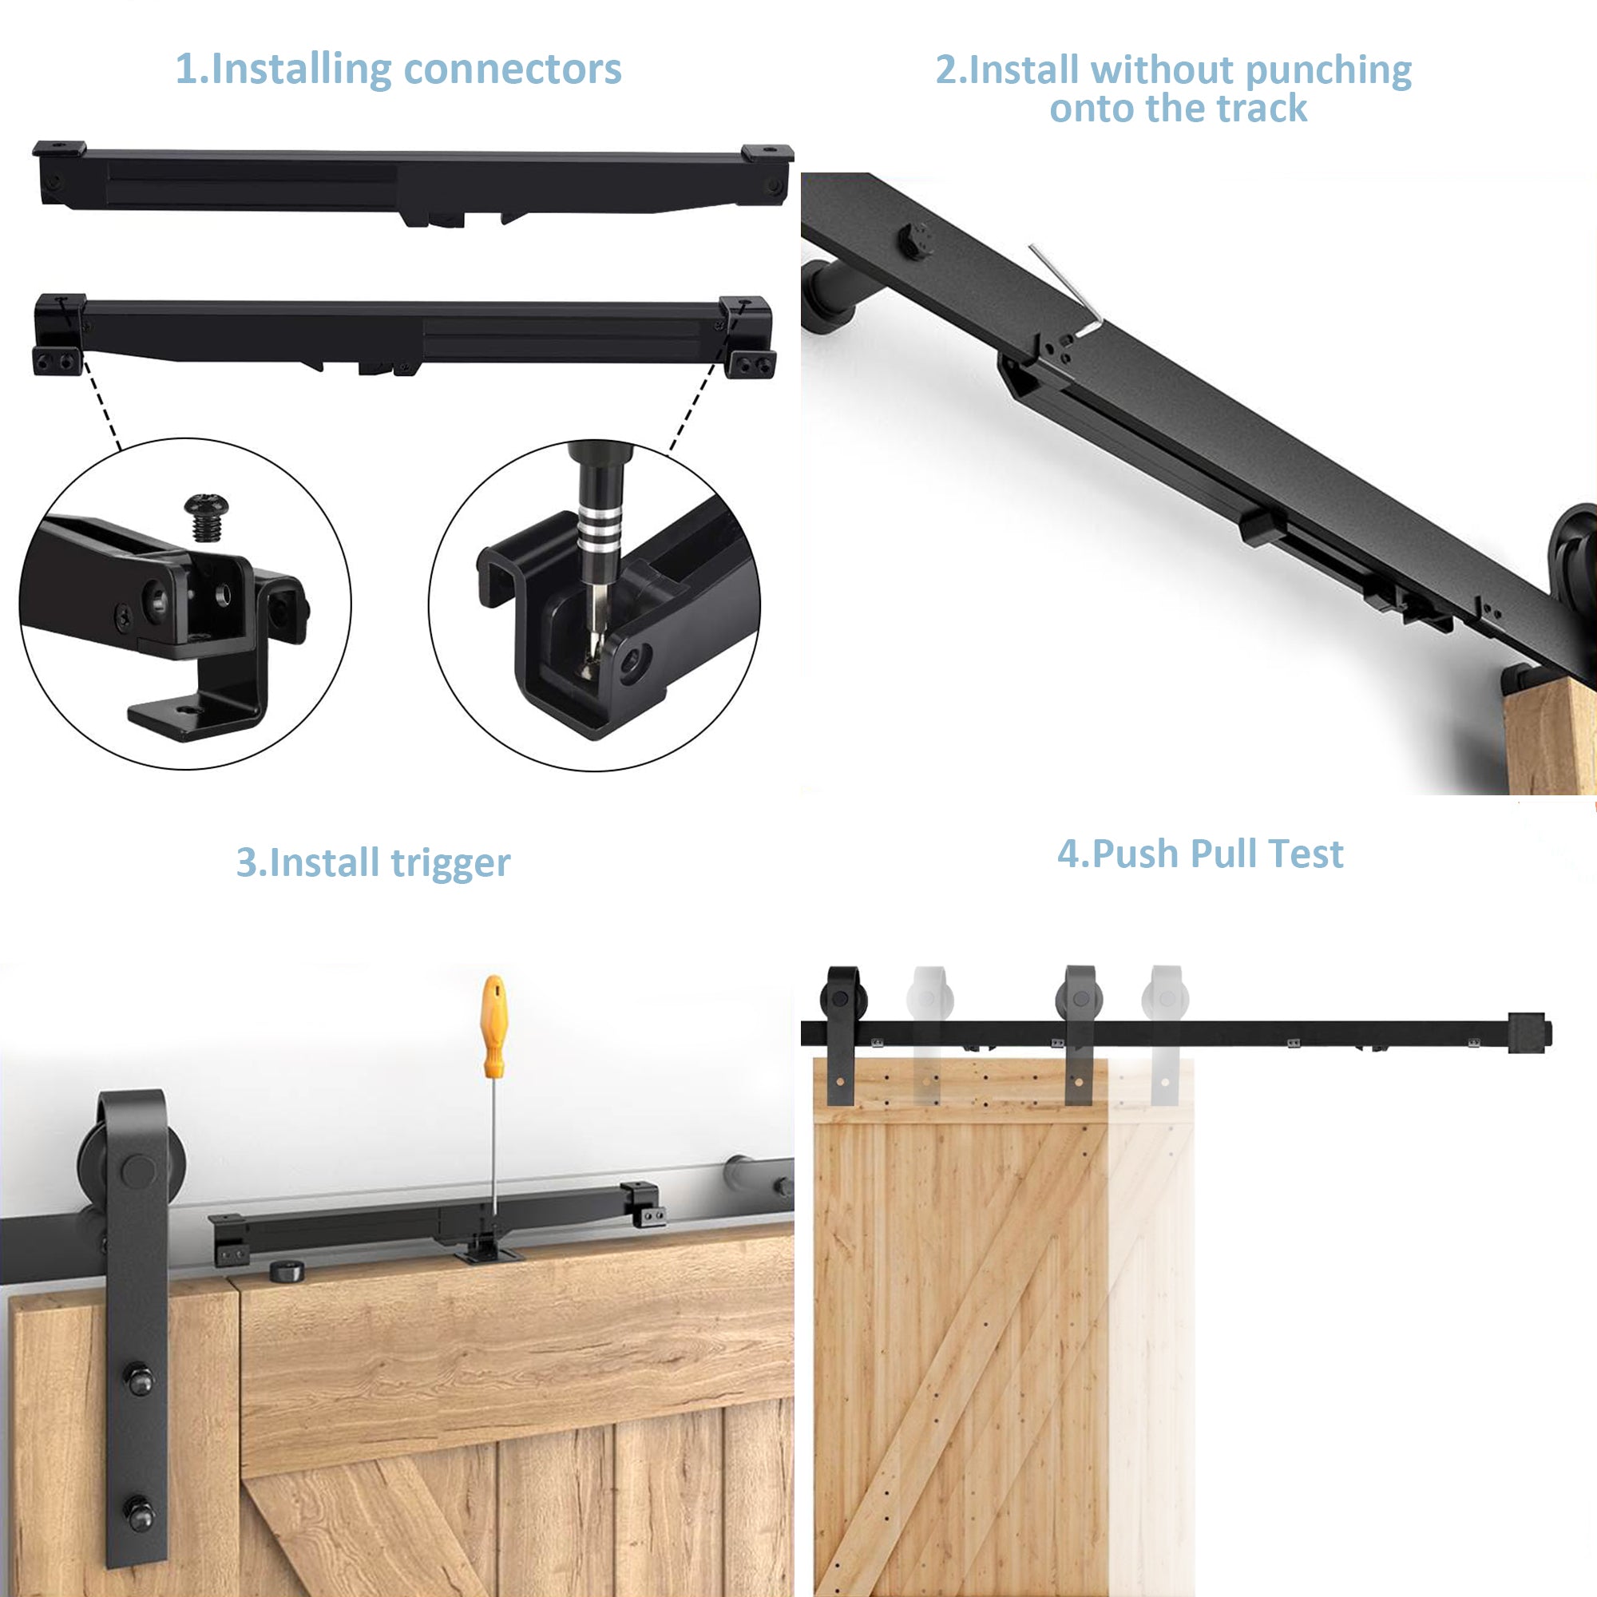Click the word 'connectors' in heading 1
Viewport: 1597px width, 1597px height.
[x=513, y=69]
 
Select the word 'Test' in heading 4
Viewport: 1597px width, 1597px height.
[x=1306, y=854]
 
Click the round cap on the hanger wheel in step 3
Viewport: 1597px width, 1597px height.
[x=137, y=1171]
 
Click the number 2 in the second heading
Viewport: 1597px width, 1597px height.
[x=945, y=70]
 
